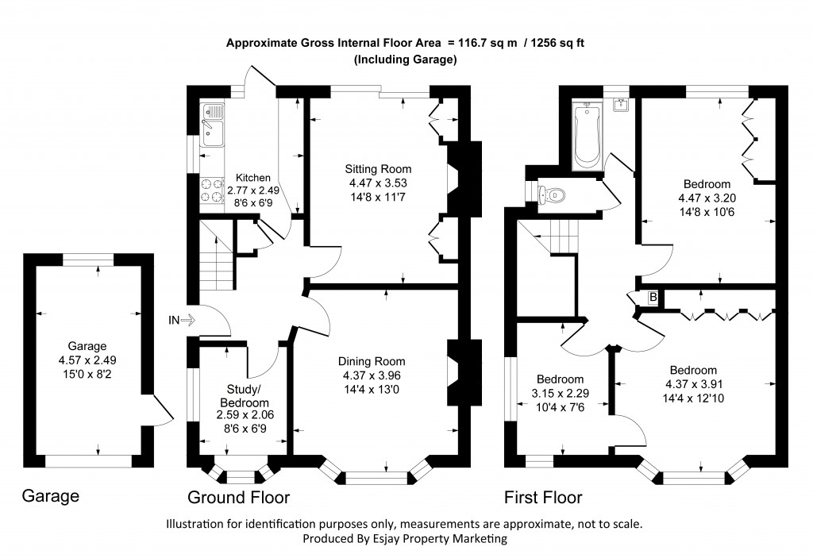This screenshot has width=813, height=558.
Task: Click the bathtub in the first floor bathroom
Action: [x=586, y=136]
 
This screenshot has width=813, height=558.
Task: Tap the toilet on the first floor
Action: [x=553, y=193]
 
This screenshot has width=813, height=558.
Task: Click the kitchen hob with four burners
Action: [x=211, y=190]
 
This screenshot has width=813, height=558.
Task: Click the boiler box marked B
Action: [x=653, y=297]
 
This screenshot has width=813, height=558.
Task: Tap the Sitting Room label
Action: [x=378, y=169]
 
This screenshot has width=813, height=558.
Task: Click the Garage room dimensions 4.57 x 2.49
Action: [x=87, y=359]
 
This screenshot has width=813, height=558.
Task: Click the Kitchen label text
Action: [x=253, y=178]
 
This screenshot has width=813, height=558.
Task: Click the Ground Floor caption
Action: [x=238, y=498]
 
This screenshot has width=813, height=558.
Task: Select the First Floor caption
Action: [x=543, y=498]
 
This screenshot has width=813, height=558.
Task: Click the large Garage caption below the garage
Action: [x=50, y=497]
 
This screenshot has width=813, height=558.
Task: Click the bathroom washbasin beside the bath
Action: [x=619, y=105]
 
